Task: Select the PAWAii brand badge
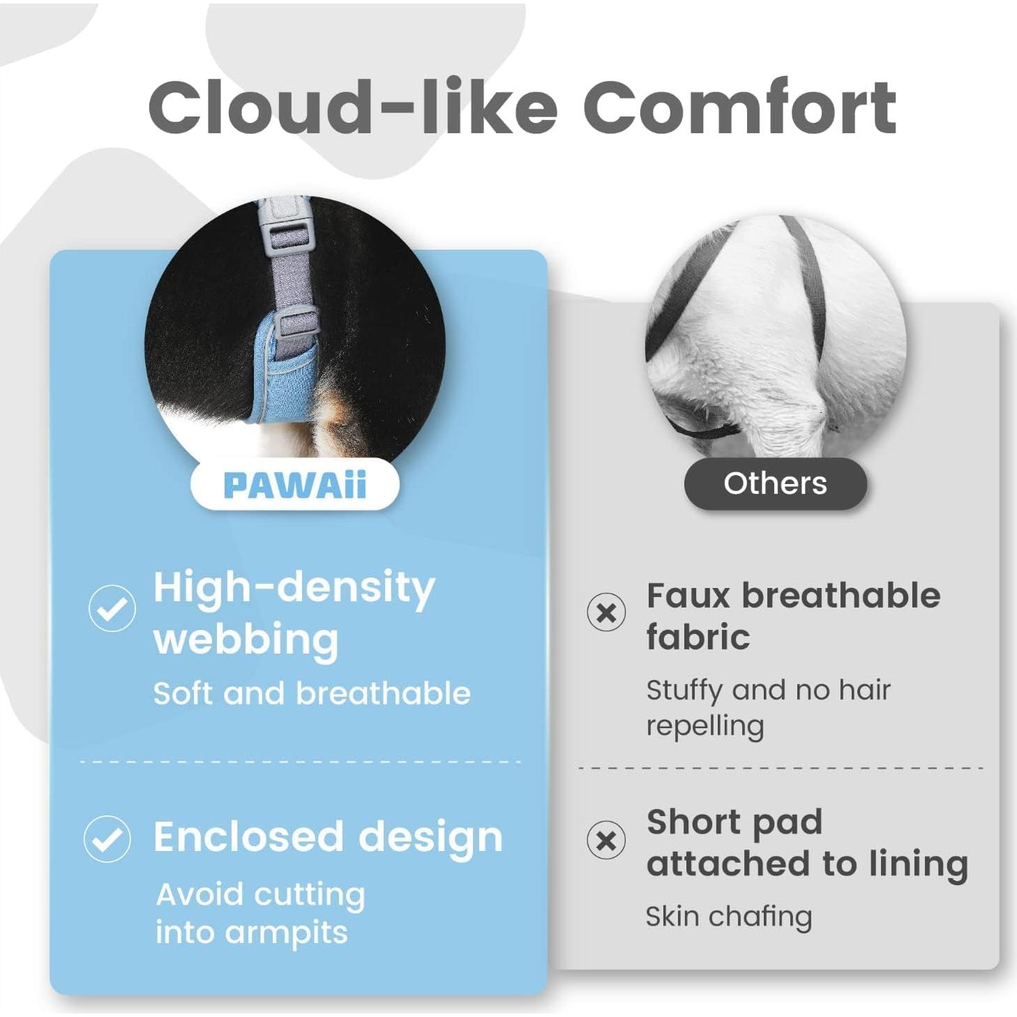pos(294,485)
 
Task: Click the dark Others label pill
pos(775,483)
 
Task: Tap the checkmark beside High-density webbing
pos(112,608)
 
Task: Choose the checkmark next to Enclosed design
pos(107,838)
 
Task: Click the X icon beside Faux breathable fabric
pos(606,612)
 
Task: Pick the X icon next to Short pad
pos(606,841)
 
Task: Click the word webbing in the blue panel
pos(246,640)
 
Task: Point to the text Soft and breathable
pos(312,693)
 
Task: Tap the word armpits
pos(286,934)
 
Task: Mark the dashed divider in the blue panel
pos(301,762)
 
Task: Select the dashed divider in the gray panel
pos(781,768)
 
